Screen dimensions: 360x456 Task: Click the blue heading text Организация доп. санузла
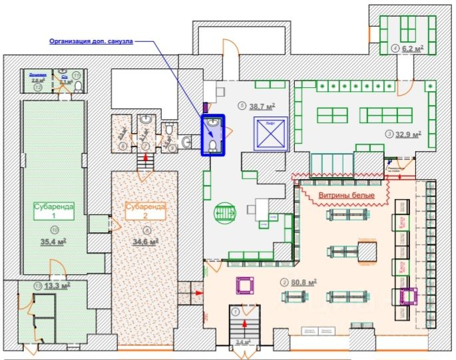coord(91,41)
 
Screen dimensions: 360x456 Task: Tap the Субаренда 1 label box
coord(53,211)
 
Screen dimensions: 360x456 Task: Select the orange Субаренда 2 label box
coord(144,210)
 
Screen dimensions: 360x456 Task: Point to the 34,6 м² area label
coord(146,242)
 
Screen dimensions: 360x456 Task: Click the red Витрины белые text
coord(345,194)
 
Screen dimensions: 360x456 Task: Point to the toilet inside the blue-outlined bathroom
coord(213,146)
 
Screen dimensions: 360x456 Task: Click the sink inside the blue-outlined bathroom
coord(213,124)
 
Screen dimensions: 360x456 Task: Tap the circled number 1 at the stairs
coord(234,310)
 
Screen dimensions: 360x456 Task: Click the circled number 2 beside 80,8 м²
coord(284,282)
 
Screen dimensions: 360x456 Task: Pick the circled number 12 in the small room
coord(38,87)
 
